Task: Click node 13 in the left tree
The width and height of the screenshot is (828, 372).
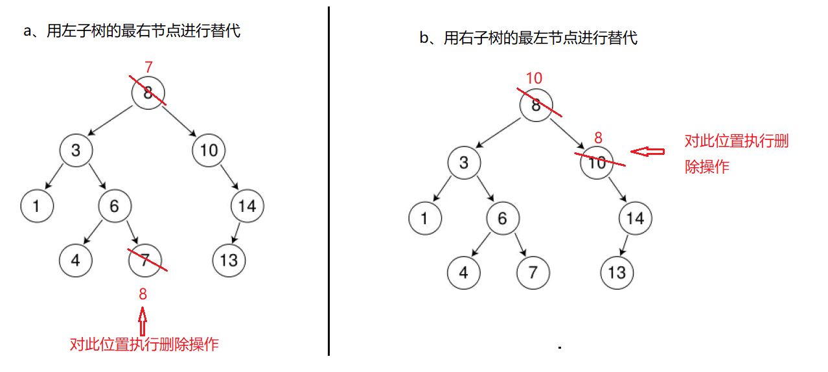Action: [x=229, y=261]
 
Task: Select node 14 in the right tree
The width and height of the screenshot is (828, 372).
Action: [x=635, y=218]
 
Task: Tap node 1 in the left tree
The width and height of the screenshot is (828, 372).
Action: [x=37, y=207]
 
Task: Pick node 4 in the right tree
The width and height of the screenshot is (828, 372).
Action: [x=463, y=272]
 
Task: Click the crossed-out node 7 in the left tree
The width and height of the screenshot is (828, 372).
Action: [x=144, y=261]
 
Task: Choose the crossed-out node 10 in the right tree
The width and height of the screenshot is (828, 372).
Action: [x=597, y=162]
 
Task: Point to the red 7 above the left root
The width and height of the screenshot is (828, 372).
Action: [x=148, y=67]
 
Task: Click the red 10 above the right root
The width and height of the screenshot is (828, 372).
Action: [x=534, y=78]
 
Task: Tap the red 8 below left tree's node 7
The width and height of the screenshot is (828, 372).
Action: [x=143, y=294]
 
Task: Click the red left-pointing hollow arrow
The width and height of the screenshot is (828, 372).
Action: [x=648, y=152]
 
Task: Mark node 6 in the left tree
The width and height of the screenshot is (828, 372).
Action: [x=115, y=207]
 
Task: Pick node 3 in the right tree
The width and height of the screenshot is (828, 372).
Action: [x=463, y=162]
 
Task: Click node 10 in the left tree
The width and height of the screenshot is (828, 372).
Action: [x=209, y=150]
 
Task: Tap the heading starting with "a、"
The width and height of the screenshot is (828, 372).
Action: [x=132, y=30]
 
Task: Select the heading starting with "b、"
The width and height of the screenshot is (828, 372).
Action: [x=528, y=38]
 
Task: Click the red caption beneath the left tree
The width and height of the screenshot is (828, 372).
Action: [x=144, y=344]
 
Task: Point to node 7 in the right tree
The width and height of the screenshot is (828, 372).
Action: [x=533, y=272]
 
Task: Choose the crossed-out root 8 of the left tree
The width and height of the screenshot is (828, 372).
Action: [x=148, y=93]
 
